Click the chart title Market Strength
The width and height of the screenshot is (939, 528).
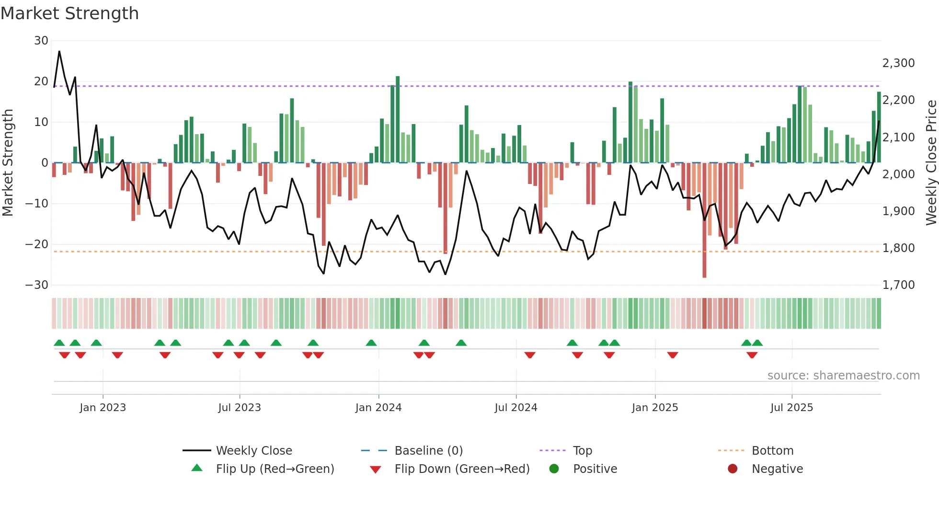pos(69,13)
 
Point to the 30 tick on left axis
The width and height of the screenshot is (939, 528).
pos(41,41)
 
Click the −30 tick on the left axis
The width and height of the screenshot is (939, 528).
pos(37,285)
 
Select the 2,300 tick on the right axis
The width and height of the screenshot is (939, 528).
pos(898,63)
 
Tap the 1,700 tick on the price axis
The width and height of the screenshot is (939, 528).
pos(898,285)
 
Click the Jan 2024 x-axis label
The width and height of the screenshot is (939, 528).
pos(378,408)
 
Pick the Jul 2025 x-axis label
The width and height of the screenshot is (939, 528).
pos(791,408)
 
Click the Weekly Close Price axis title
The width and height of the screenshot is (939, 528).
pos(931,163)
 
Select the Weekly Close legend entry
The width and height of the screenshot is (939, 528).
pos(253,451)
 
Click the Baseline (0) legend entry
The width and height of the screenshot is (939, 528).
pos(428,451)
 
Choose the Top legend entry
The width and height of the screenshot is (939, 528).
pos(582,451)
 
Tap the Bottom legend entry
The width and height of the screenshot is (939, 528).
pos(772,451)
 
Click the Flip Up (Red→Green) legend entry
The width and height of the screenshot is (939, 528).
pos(275,469)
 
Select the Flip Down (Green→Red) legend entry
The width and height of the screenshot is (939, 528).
pos(462,469)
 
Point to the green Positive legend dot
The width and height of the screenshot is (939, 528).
pos(554,469)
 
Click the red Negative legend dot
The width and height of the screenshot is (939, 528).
pos(732,469)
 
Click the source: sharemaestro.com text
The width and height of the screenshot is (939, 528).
pos(843,376)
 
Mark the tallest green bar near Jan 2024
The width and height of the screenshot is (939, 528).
pos(398,120)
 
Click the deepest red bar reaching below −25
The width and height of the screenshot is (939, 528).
pos(704,220)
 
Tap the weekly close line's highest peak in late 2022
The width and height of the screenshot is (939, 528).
pos(59,51)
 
